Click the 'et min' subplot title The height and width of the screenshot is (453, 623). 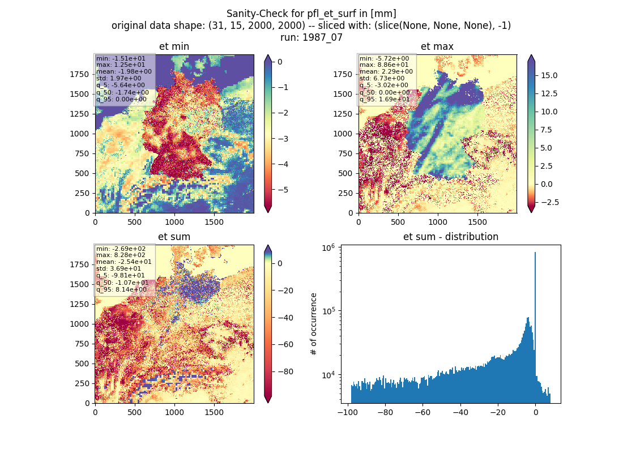(x=174, y=46)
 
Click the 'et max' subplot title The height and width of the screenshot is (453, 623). (x=437, y=46)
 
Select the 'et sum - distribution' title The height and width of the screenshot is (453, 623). (x=451, y=237)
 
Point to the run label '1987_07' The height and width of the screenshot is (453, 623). (x=322, y=38)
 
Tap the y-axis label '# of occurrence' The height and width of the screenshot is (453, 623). (x=314, y=324)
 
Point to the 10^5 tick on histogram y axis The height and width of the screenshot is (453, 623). (x=328, y=310)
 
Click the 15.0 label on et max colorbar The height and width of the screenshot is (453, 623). (x=549, y=75)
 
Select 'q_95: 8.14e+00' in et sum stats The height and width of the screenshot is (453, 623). (x=121, y=290)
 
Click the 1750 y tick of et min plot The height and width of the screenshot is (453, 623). (x=79, y=74)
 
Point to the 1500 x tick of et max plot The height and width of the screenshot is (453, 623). (x=477, y=222)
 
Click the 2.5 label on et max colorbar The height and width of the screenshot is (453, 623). (x=547, y=166)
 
